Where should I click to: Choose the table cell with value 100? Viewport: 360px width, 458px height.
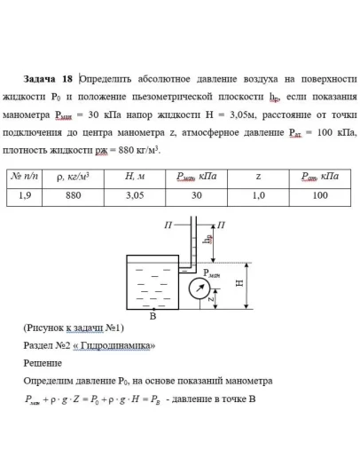point(320,195)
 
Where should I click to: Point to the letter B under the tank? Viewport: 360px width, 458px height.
point(153,316)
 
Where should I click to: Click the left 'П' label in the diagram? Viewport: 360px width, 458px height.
point(168,225)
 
